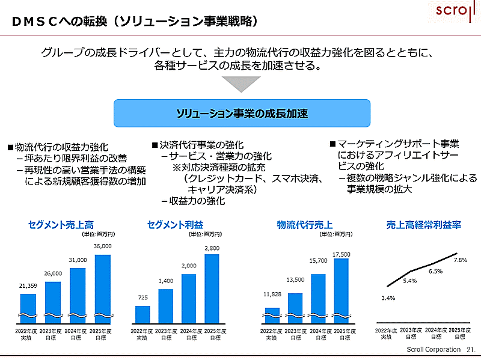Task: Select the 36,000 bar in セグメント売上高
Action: coord(103,288)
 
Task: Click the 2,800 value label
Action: coord(212,248)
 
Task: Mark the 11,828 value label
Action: coord(272,294)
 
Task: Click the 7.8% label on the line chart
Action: coord(460,260)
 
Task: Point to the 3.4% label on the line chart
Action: coord(388,298)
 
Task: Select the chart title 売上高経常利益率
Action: coord(423,225)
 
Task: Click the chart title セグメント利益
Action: coord(175,225)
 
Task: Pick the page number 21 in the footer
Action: coord(470,349)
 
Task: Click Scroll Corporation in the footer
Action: coord(431,349)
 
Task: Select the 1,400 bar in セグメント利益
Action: coord(166,306)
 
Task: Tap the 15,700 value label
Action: coord(317,261)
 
